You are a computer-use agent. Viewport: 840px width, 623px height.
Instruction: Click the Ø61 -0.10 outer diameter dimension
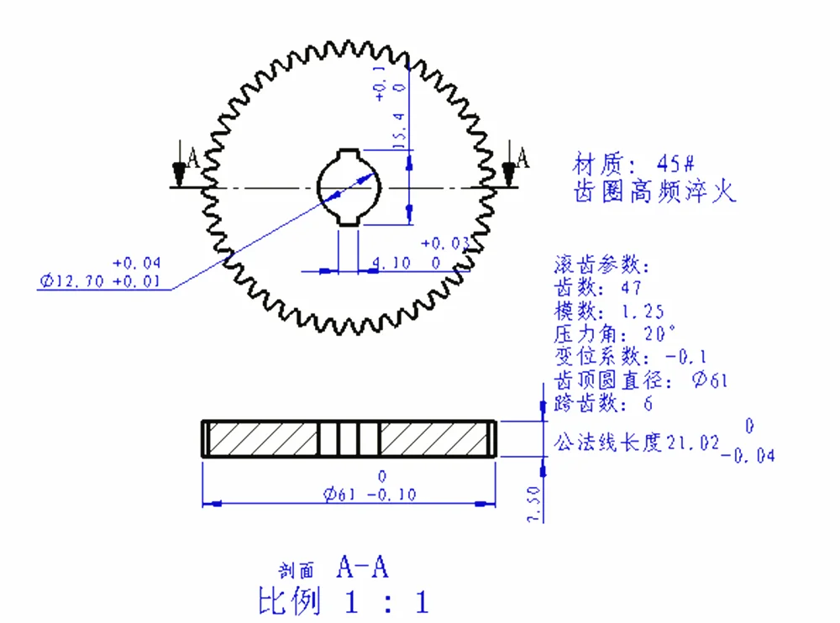coord(370,495)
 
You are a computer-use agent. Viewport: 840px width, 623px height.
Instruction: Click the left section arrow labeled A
coord(180,168)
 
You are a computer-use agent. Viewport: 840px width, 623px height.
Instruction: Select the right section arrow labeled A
coord(508,167)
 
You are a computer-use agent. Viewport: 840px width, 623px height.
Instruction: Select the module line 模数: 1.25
coord(608,311)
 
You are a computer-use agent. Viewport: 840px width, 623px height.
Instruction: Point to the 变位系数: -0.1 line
coord(629,356)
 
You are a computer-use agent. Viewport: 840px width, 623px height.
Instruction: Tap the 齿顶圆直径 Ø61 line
coord(640,380)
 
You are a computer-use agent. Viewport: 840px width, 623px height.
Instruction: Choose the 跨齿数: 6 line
coord(603,403)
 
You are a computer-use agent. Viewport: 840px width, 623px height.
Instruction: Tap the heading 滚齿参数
coord(601,265)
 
